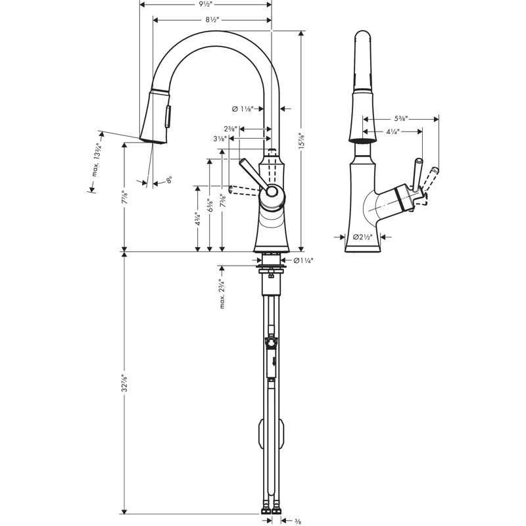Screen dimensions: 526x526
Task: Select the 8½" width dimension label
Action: (211, 20)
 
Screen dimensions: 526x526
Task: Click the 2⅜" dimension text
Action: (230, 129)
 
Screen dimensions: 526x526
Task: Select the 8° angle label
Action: (169, 179)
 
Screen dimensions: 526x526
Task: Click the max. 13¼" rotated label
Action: (97, 160)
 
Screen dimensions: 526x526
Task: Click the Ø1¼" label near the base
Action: (303, 261)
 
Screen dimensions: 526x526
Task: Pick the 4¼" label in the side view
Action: (393, 131)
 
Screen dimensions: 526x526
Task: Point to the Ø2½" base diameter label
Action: (363, 237)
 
